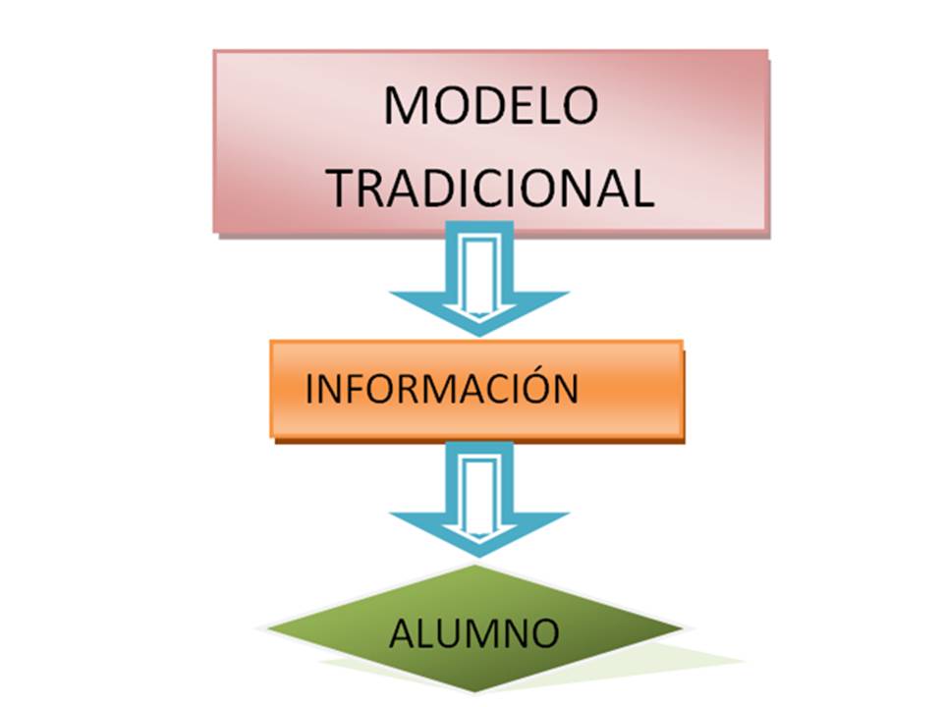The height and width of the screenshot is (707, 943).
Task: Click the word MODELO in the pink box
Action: (490, 106)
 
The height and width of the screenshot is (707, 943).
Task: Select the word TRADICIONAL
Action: (490, 188)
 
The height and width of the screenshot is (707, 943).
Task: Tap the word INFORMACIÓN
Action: (441, 389)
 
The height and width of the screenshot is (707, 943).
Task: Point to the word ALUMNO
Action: (474, 633)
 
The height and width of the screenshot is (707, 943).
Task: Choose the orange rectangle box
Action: (629, 389)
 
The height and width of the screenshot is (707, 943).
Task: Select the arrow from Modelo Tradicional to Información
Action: (478, 280)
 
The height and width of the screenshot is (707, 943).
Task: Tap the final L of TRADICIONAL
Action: (642, 188)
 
